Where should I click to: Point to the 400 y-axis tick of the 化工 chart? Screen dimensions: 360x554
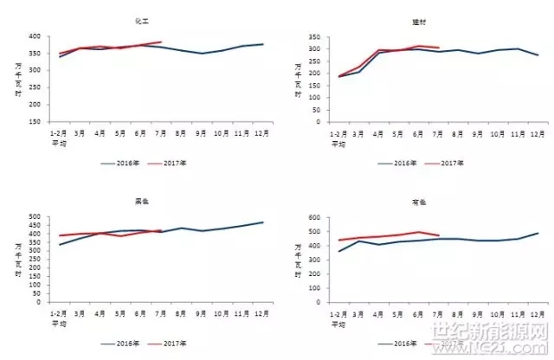pyautogui.click(x=35, y=37)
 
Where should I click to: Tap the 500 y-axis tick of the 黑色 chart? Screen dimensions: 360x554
pyautogui.click(x=35, y=216)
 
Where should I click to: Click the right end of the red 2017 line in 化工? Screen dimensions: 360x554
pyautogui.click(x=161, y=42)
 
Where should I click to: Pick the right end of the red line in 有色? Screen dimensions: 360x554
pyautogui.click(x=439, y=235)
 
